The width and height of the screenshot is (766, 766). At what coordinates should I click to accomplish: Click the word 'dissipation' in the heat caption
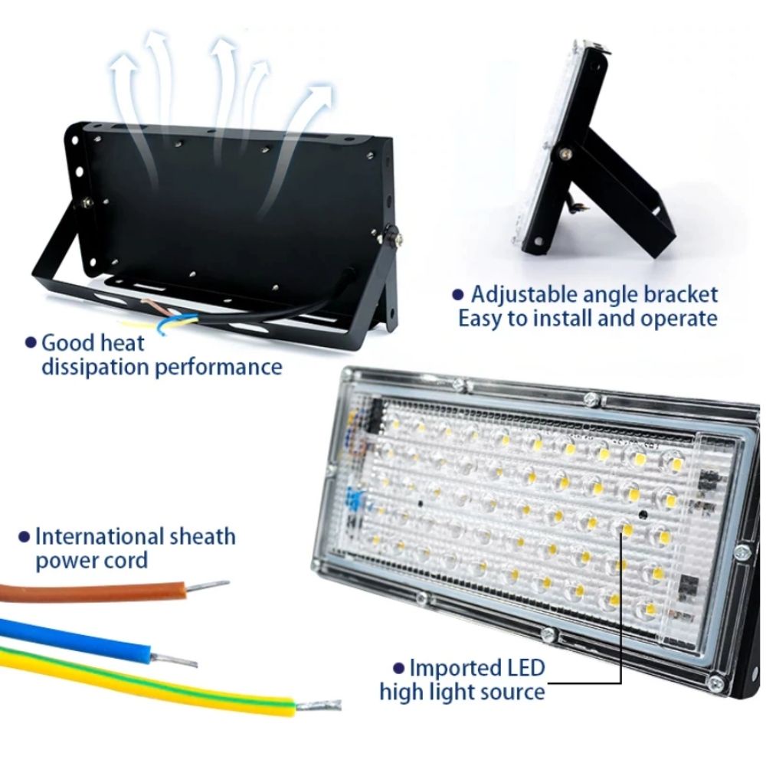click(95, 367)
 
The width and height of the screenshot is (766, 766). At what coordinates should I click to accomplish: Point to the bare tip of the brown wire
click(208, 585)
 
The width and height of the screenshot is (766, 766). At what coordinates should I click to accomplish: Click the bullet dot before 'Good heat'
click(31, 342)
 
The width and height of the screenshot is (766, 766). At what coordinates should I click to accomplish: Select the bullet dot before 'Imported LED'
click(398, 669)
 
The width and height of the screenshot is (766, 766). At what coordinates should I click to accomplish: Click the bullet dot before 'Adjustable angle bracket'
click(458, 294)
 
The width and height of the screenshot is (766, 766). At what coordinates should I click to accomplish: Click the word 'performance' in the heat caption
click(219, 367)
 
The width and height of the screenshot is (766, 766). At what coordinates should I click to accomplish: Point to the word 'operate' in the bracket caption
click(677, 318)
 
